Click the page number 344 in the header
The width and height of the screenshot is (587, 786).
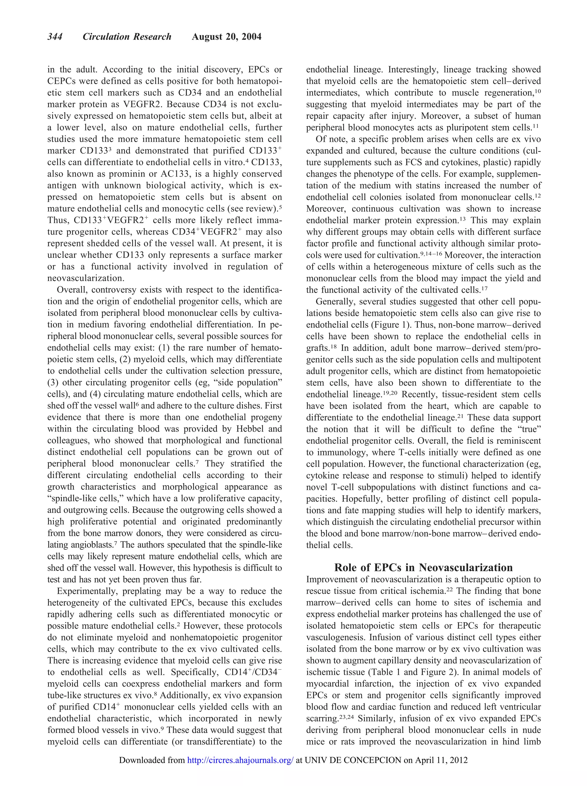coord(55,37)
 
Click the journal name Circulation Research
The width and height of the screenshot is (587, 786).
coord(127,37)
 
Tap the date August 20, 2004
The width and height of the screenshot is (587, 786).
coord(226,37)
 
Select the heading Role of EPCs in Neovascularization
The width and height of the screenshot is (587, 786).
coord(423,567)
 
